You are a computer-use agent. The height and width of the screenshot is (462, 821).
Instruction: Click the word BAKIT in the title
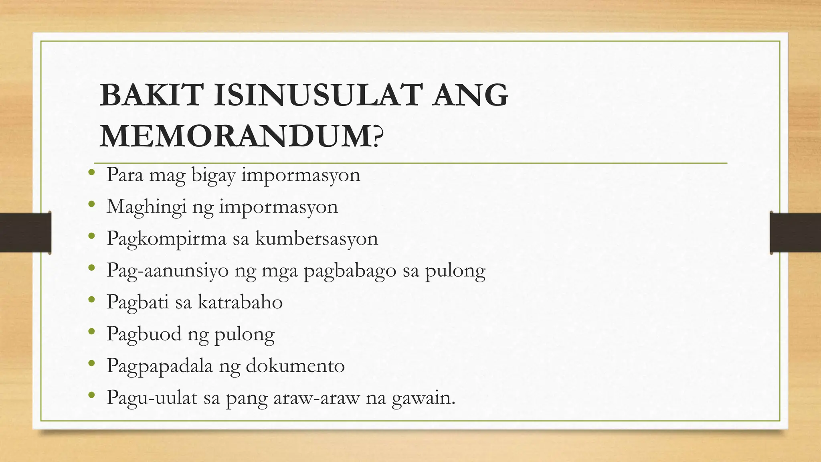[x=150, y=95]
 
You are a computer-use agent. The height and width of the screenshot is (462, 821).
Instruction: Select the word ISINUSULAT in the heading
[x=317, y=95]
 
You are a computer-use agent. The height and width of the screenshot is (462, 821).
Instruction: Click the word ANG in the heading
[x=469, y=95]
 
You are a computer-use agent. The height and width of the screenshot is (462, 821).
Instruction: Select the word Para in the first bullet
[x=125, y=175]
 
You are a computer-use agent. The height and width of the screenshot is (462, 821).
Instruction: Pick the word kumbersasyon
[x=317, y=239]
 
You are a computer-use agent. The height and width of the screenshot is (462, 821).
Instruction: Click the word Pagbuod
[x=144, y=334]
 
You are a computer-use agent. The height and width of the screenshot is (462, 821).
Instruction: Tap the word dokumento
[x=295, y=366]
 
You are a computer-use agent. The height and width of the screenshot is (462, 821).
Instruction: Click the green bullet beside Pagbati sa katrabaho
[x=91, y=300]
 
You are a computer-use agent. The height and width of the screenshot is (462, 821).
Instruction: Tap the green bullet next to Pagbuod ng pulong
[x=91, y=331]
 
